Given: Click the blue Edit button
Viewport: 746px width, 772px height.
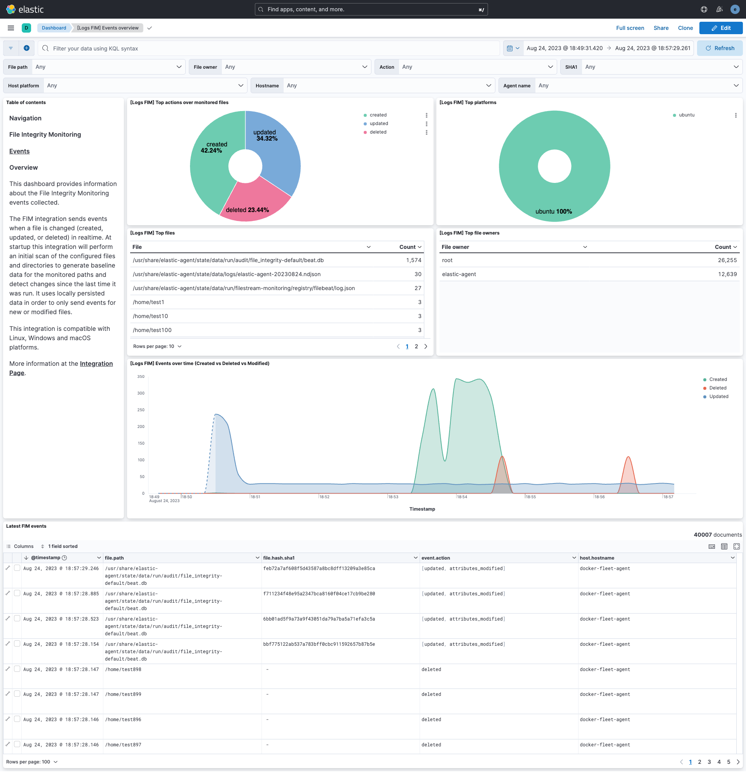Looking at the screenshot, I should point(720,28).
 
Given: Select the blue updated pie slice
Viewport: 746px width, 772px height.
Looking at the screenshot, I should point(276,158).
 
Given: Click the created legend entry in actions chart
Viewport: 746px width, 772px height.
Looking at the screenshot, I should point(378,115).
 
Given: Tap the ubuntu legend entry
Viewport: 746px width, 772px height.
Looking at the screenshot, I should point(686,115).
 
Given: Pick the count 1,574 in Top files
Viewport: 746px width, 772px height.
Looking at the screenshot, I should point(413,260).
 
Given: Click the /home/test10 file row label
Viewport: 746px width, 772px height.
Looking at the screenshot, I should point(150,316).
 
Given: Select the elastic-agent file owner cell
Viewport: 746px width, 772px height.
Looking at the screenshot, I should point(459,275).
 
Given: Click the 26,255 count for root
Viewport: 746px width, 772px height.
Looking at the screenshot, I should point(727,260).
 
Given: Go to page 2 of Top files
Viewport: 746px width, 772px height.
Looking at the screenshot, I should point(416,347).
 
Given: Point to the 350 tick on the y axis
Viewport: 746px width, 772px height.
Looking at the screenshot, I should point(141,377).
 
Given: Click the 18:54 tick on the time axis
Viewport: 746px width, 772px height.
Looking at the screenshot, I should point(462,497).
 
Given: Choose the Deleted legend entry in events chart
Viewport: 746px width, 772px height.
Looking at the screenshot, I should point(717,388).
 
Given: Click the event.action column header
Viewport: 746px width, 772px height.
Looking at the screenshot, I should point(436,558).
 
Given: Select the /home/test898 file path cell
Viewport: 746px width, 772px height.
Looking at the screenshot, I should point(123,669).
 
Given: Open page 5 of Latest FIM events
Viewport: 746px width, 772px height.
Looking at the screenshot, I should point(728,762).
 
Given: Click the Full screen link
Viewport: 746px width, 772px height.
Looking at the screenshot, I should point(630,28).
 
